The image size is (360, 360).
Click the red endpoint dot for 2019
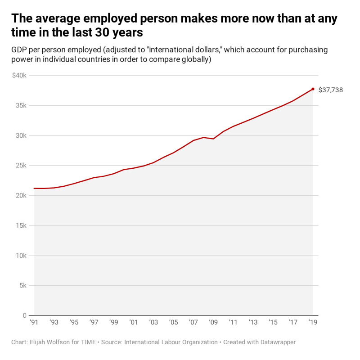click(x=313, y=89)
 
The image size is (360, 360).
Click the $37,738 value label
click(x=330, y=90)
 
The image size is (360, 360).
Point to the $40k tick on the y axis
click(x=19, y=76)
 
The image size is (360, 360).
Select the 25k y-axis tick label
click(x=21, y=166)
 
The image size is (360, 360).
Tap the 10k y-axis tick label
click(x=21, y=256)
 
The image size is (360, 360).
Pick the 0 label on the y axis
click(x=25, y=315)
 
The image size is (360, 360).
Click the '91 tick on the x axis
click(x=34, y=323)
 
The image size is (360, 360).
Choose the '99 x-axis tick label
click(x=113, y=323)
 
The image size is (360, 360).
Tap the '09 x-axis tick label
click(x=213, y=323)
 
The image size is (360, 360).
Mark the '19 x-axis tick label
click(x=312, y=323)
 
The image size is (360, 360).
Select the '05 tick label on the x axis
click(x=173, y=323)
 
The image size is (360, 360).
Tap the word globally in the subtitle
click(x=194, y=59)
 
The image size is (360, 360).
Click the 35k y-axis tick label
click(x=21, y=106)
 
